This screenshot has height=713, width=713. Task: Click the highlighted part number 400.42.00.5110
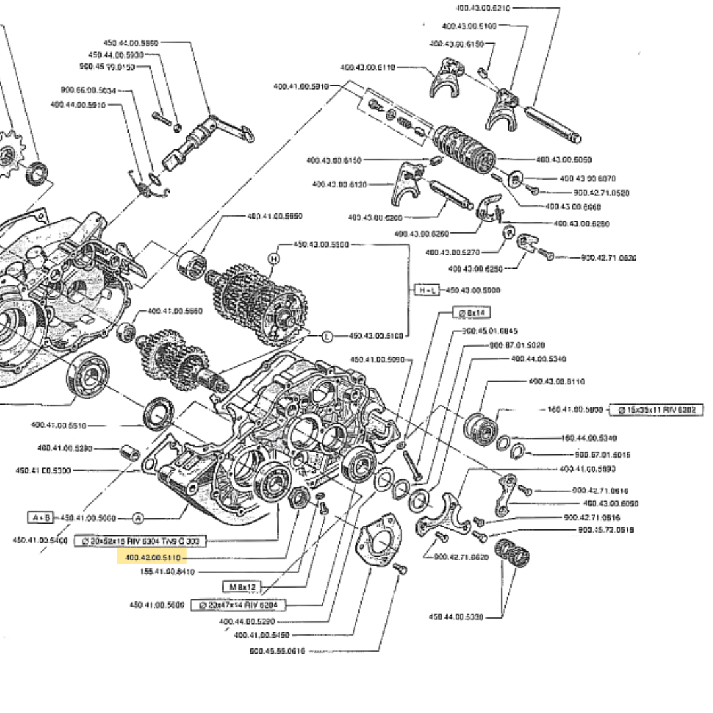(152, 558)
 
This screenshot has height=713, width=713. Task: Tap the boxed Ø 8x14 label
(471, 312)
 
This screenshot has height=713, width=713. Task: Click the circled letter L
(327, 337)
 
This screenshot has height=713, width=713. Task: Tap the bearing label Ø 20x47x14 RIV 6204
(238, 605)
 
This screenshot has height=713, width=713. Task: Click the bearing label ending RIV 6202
(656, 409)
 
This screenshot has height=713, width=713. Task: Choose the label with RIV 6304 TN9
(140, 541)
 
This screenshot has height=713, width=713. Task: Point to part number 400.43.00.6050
(564, 159)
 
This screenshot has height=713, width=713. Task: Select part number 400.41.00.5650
(275, 216)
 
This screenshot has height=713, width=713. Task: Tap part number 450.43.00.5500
(321, 244)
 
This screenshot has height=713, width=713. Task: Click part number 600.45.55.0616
(277, 650)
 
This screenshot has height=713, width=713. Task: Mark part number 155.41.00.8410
(168, 572)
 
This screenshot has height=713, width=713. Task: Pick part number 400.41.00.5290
(65, 448)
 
